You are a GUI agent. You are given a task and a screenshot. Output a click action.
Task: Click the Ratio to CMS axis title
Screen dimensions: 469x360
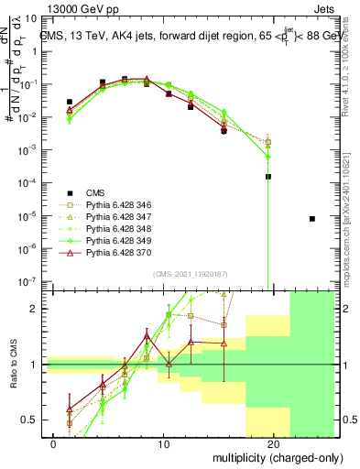click(13, 366)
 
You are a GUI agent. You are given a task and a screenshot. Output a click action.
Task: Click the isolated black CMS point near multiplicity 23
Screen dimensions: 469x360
click(312, 219)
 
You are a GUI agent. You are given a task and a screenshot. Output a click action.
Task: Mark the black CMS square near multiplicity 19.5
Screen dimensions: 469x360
click(268, 177)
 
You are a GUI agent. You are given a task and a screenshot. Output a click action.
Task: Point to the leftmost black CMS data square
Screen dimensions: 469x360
click(70, 102)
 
